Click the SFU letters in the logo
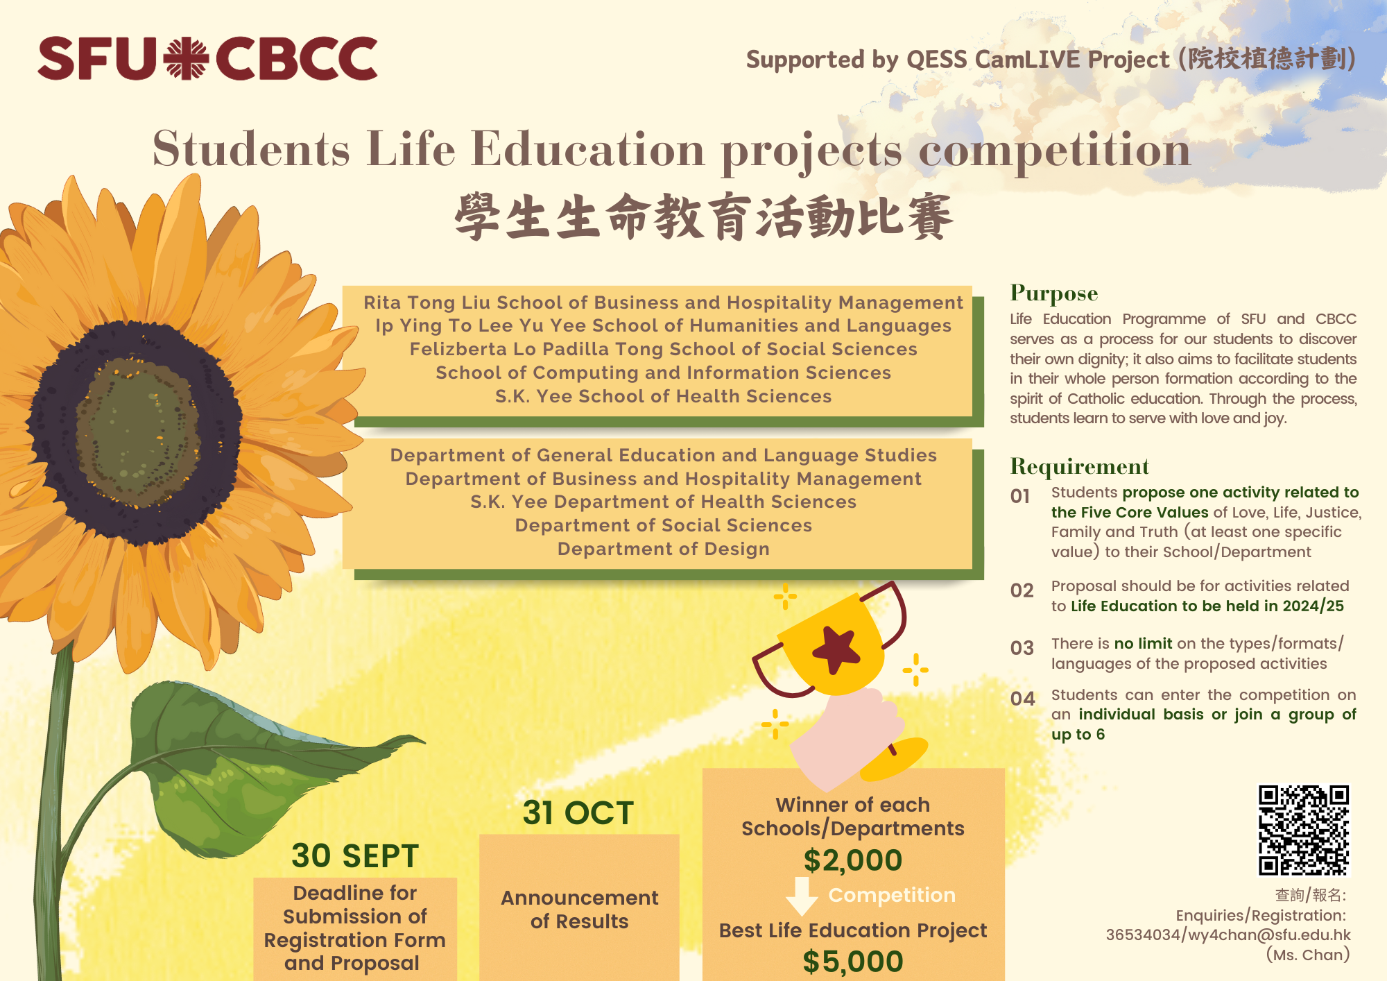(98, 58)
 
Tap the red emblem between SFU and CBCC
(187, 59)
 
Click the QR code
(1304, 830)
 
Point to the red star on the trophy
(836, 649)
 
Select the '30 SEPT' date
(355, 855)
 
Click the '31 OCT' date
(578, 812)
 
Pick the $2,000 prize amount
(853, 860)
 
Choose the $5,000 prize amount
(853, 962)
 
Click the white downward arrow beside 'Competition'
(802, 896)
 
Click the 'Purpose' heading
(1054, 294)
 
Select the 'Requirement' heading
(1080, 466)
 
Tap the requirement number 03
(1022, 648)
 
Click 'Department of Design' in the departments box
(664, 549)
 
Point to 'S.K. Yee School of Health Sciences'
(664, 396)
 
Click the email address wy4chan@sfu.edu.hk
(1270, 935)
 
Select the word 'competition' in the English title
(1055, 151)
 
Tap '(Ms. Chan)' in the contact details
(1308, 955)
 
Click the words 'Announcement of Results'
(580, 910)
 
